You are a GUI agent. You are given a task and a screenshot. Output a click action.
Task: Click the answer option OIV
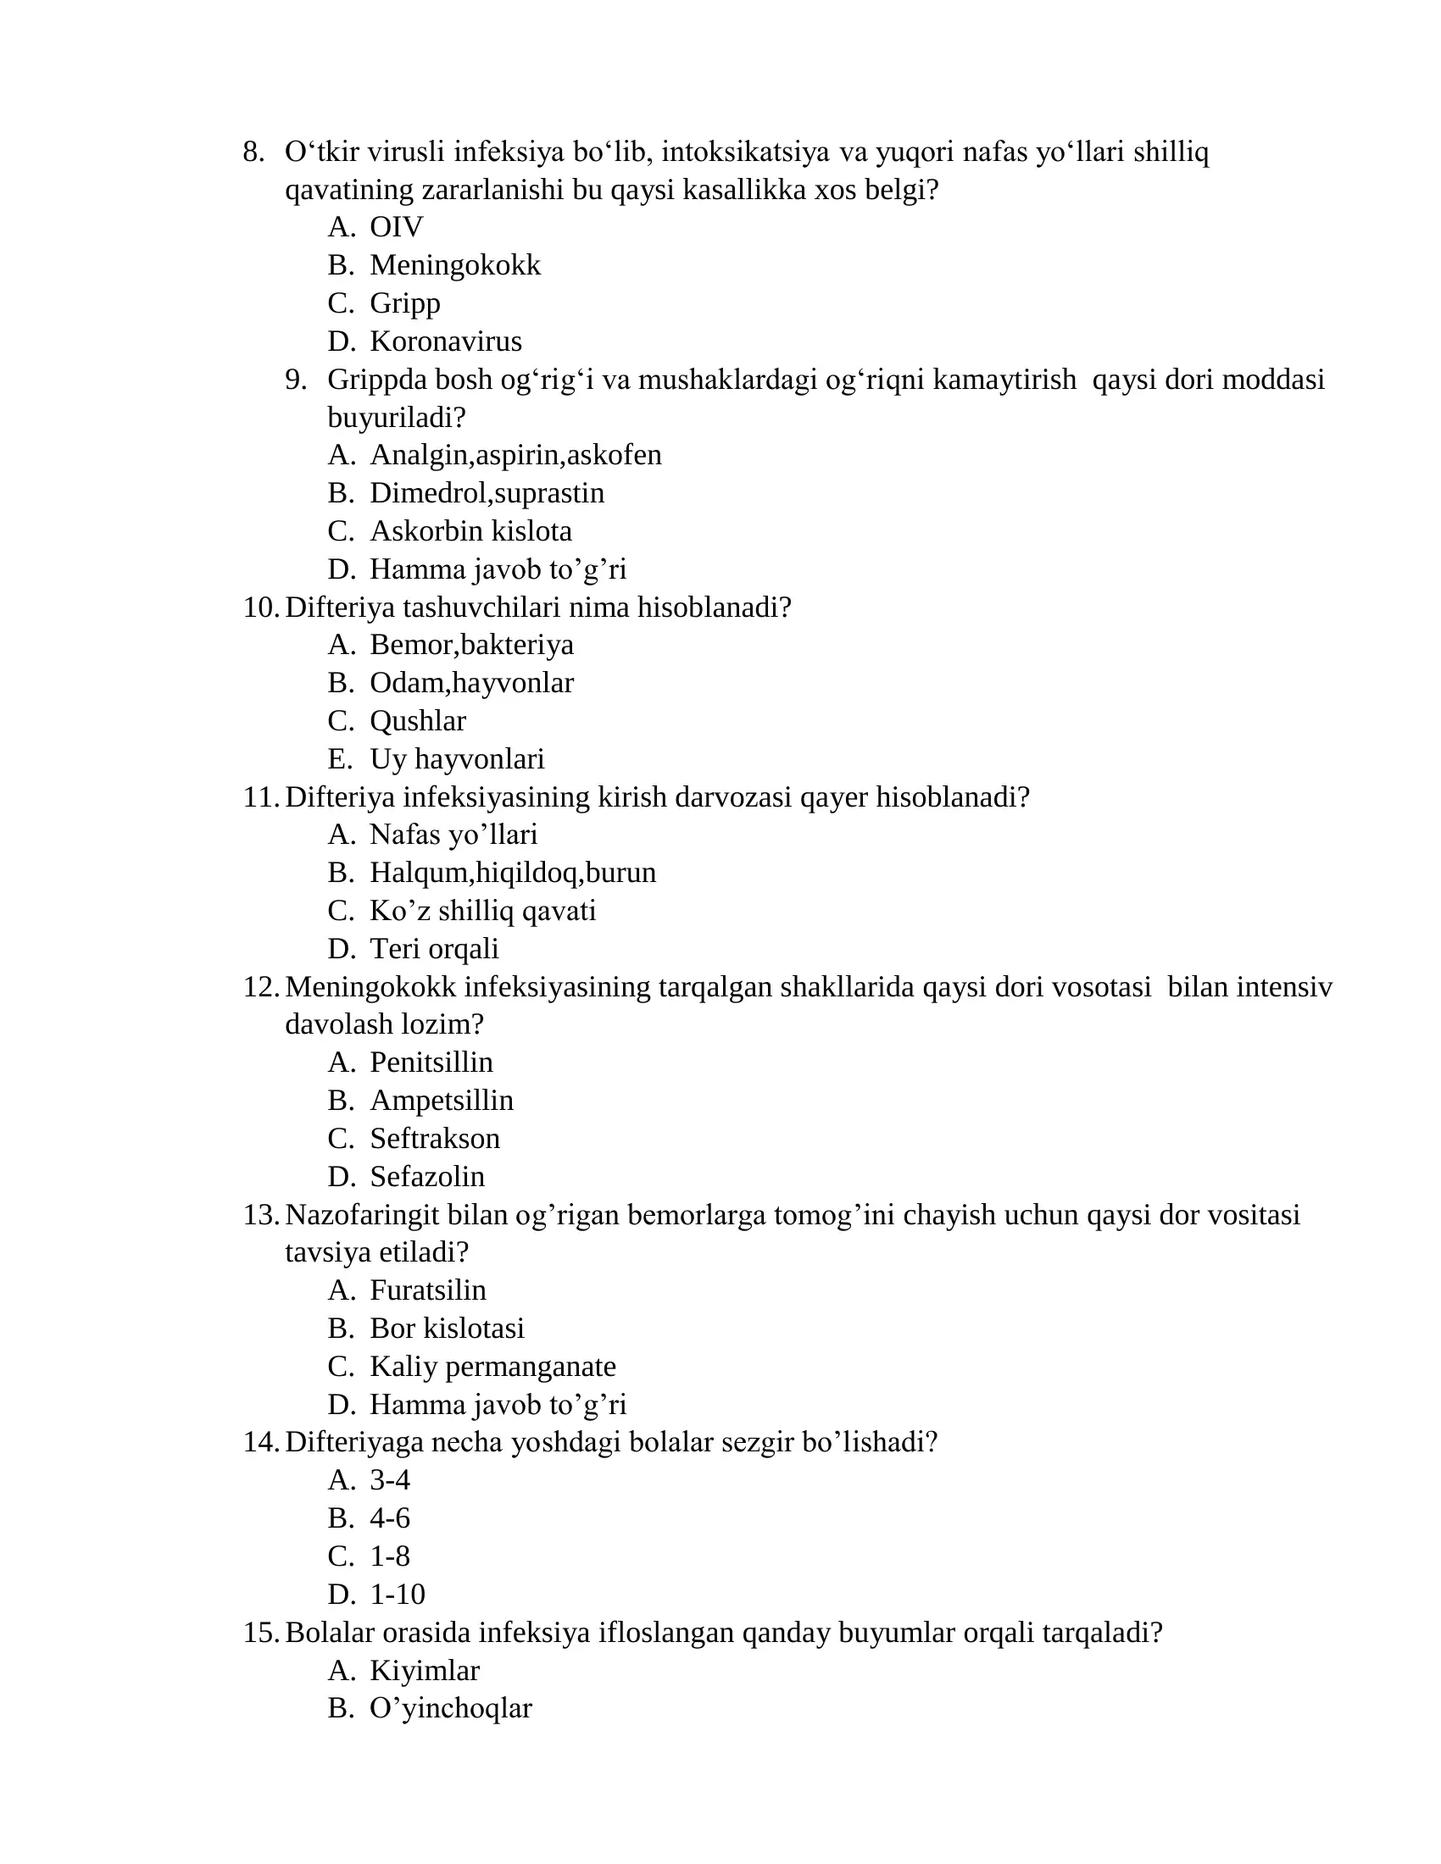coord(396,227)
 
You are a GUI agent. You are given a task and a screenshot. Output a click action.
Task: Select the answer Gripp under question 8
coord(404,303)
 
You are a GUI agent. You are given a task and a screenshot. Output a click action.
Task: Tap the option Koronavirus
coord(446,341)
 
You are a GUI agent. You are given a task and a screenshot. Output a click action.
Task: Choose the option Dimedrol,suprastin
coord(487,493)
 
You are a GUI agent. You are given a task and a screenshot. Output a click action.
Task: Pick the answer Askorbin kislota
coord(470,531)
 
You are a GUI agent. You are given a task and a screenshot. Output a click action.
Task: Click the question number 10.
coord(259,607)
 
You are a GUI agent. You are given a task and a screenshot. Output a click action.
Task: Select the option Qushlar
coord(417,721)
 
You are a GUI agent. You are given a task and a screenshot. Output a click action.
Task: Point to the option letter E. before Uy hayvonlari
coord(339,759)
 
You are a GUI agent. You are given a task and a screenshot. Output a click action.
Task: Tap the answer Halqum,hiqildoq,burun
coord(512,872)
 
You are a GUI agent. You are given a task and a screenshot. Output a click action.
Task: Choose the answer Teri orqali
coord(434,948)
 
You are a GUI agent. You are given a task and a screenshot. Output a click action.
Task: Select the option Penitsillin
coord(431,1062)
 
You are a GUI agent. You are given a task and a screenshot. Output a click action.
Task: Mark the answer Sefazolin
coord(427,1176)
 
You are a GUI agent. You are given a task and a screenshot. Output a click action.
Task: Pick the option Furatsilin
coord(428,1290)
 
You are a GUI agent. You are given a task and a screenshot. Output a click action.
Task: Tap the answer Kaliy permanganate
coord(492,1367)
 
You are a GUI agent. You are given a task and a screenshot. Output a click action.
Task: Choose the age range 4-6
coord(389,1518)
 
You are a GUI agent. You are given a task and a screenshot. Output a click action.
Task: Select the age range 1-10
coord(397,1595)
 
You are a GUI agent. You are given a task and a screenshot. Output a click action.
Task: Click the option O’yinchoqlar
coord(451,1708)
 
